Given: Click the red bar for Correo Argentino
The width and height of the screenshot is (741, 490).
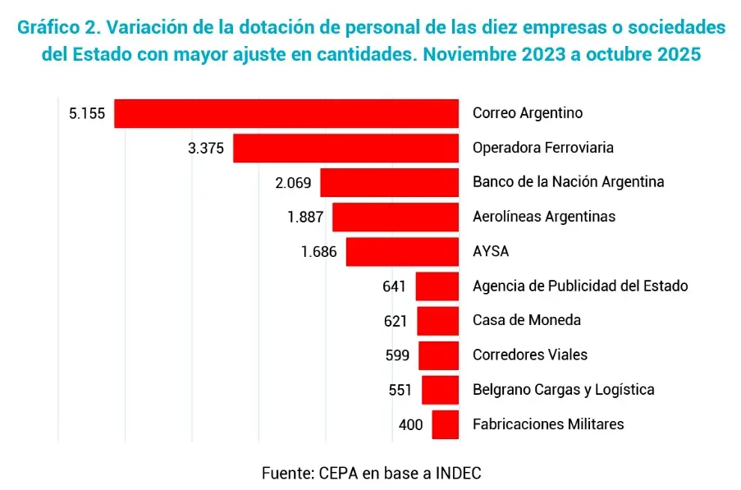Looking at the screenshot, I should pyautogui.click(x=286, y=113).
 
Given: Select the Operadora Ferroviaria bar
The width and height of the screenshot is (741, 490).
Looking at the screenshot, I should pyautogui.click(x=345, y=149).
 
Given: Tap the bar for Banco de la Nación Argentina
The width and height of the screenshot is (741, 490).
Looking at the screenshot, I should pyautogui.click(x=389, y=182).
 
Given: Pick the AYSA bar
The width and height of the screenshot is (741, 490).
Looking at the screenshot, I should pyautogui.click(x=402, y=252).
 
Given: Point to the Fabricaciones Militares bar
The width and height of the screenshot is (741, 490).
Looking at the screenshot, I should pyautogui.click(x=445, y=424).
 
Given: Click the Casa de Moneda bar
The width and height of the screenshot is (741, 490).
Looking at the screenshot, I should pyautogui.click(x=437, y=321).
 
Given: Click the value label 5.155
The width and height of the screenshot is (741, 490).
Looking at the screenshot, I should pyautogui.click(x=87, y=113).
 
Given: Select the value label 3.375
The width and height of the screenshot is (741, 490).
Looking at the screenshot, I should pyautogui.click(x=206, y=149).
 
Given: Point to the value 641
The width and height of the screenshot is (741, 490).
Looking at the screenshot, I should pyautogui.click(x=395, y=286).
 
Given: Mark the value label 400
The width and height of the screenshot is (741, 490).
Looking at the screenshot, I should pyautogui.click(x=410, y=425).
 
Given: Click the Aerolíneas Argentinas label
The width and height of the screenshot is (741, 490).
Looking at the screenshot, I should pyautogui.click(x=544, y=218).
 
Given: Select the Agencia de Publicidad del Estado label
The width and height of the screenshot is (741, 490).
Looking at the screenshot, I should pyautogui.click(x=580, y=286).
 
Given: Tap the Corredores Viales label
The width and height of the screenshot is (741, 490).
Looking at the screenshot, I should pyautogui.click(x=530, y=355).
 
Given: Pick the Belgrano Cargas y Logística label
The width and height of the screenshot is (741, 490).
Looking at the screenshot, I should pyautogui.click(x=564, y=390).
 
